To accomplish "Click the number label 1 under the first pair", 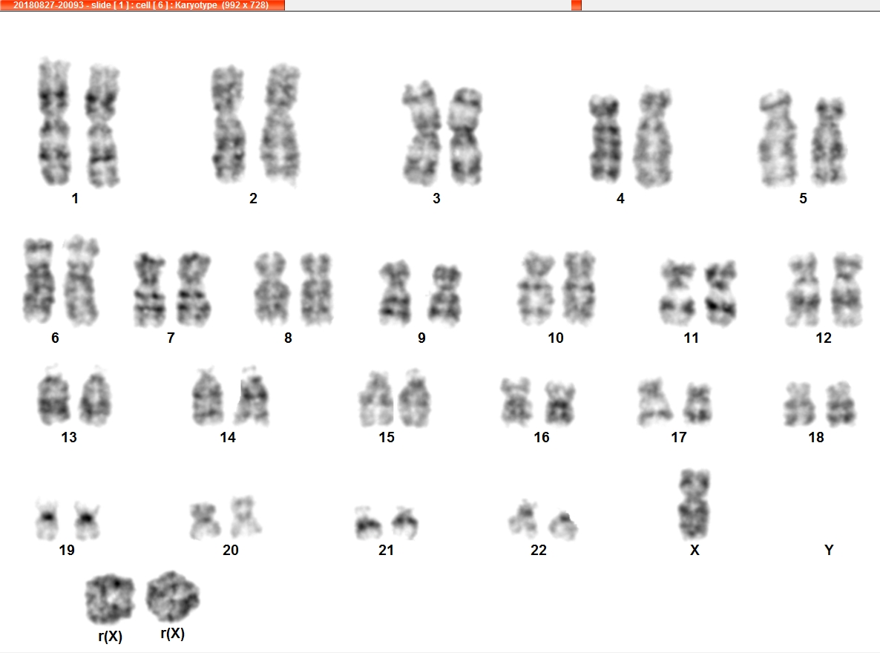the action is pyautogui.click(x=75, y=198).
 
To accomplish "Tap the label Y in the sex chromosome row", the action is pyautogui.click(x=828, y=550).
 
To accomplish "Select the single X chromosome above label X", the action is pyautogui.click(x=695, y=504).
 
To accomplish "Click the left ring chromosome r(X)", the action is pyautogui.click(x=110, y=599).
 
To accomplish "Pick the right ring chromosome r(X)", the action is pyautogui.click(x=173, y=597).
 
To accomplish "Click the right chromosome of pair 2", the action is pyautogui.click(x=280, y=125).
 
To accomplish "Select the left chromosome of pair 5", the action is pyautogui.click(x=778, y=138).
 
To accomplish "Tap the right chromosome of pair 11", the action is pyautogui.click(x=720, y=293).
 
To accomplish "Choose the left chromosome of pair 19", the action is pyautogui.click(x=47, y=519).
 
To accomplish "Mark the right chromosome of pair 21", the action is pyautogui.click(x=404, y=522).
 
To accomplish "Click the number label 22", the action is pyautogui.click(x=538, y=550).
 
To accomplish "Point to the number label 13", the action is pyautogui.click(x=69, y=437).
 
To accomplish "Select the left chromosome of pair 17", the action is pyautogui.click(x=654, y=403).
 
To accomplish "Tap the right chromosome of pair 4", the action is pyautogui.click(x=653, y=137).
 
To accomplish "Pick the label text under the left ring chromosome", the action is pyautogui.click(x=110, y=636).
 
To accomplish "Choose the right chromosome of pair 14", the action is pyautogui.click(x=252, y=396).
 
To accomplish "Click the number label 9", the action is pyautogui.click(x=421, y=338).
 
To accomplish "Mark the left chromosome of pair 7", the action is pyautogui.click(x=150, y=289).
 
